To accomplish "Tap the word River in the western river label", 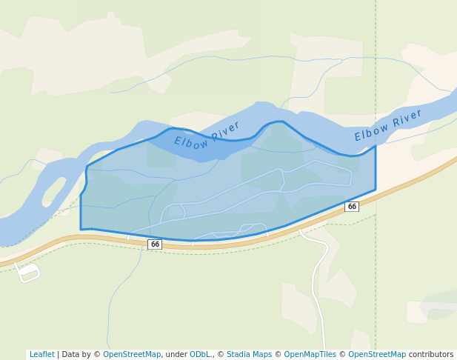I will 226,130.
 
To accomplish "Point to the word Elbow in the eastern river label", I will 371,132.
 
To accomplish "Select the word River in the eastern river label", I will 407,118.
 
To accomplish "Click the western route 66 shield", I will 155,244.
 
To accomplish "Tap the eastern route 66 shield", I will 352,207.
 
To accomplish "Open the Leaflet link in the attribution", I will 42,355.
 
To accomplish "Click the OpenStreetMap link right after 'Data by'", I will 132,355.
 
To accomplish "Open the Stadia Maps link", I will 249,355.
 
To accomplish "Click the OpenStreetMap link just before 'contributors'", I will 377,355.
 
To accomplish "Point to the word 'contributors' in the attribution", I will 431,355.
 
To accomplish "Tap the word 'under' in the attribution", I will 176,355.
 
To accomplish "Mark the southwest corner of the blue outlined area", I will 81,230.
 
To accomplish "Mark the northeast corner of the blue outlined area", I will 376,146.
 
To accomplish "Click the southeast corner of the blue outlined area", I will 376,190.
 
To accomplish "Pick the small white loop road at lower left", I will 29,273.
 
